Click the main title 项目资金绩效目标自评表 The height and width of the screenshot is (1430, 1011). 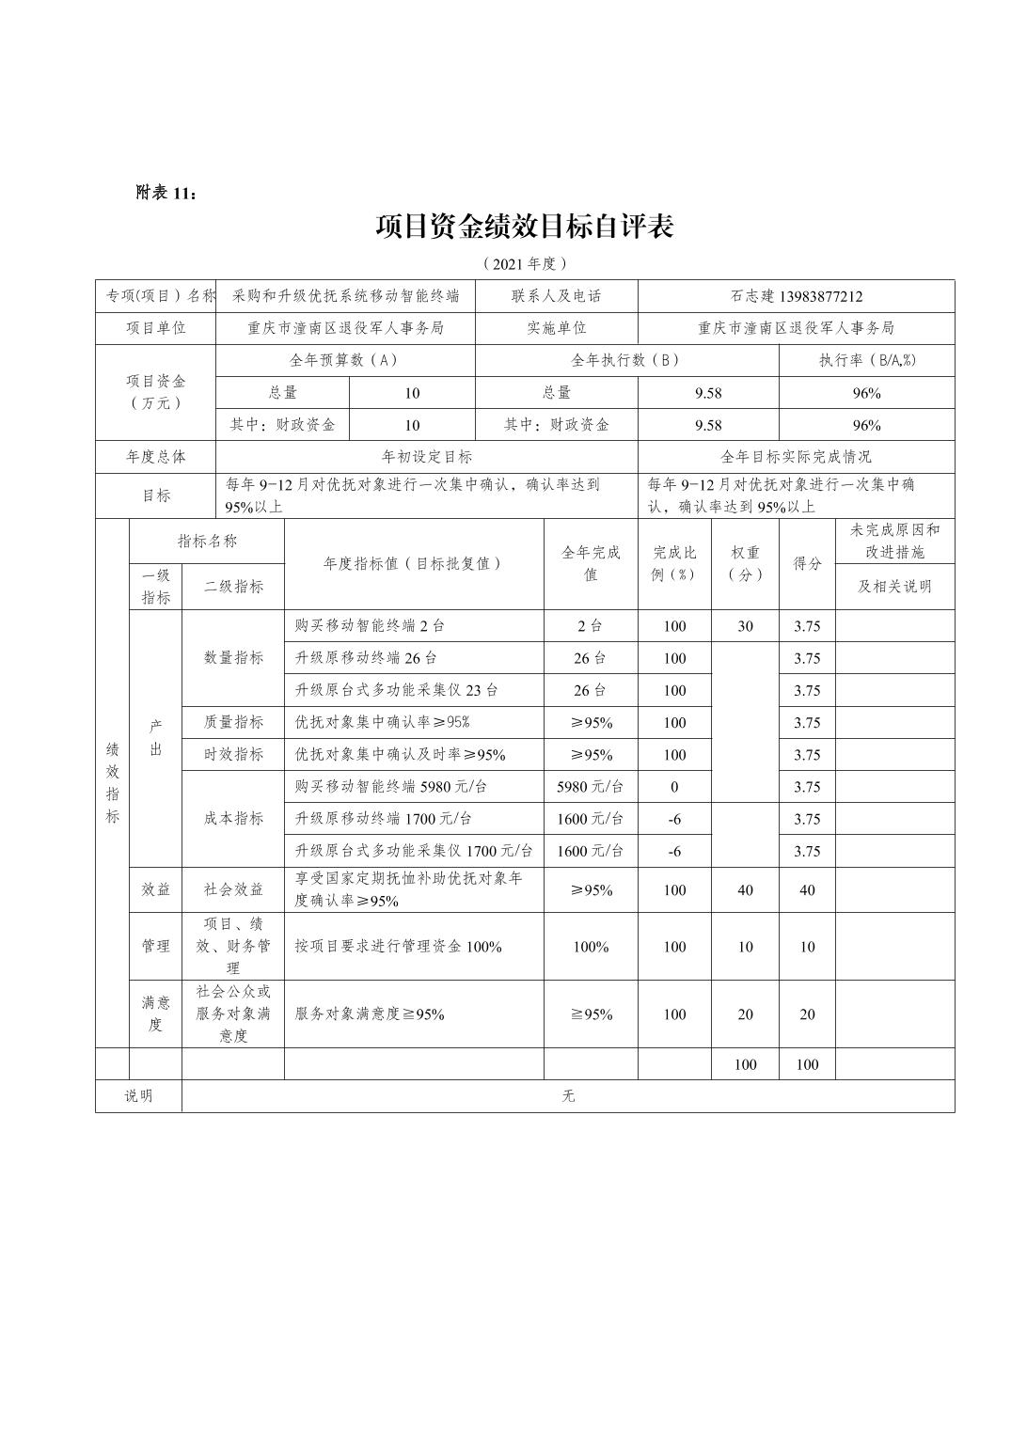tap(524, 227)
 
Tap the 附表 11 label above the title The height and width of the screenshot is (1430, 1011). tap(166, 193)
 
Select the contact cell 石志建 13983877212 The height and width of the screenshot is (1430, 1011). tap(796, 296)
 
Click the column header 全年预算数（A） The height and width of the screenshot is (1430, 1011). tap(345, 360)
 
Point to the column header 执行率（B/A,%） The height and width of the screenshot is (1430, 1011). tap(866, 360)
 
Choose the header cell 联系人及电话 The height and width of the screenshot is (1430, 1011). tap(556, 296)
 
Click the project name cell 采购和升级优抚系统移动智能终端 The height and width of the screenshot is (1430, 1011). tap(345, 296)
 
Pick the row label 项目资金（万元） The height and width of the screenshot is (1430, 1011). tap(156, 392)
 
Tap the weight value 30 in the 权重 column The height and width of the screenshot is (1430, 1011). tap(745, 626)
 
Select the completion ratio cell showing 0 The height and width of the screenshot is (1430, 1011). tap(674, 787)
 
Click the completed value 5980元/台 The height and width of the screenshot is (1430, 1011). tap(590, 787)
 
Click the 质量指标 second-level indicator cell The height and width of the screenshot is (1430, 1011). tap(233, 722)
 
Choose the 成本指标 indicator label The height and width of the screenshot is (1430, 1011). tap(233, 819)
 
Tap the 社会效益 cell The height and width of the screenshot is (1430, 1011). tap(233, 889)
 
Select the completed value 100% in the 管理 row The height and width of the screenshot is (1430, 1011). tap(590, 947)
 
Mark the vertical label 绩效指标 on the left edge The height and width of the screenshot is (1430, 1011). tap(112, 782)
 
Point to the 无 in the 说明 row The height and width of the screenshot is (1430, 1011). tap(568, 1096)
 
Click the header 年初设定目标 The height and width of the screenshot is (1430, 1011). tap(426, 457)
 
